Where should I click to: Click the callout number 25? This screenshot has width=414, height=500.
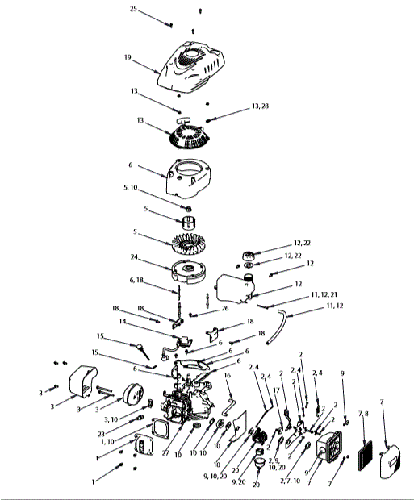pyautogui.click(x=134, y=8)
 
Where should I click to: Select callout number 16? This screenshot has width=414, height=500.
pyautogui.click(x=228, y=375)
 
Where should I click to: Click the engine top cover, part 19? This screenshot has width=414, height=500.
pyautogui.click(x=194, y=69)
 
